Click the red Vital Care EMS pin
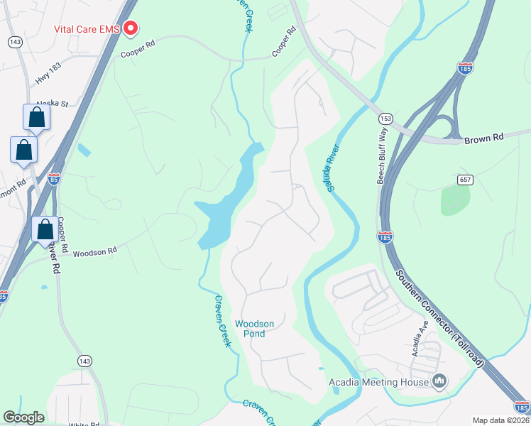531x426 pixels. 131,28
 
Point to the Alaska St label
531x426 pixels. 53,104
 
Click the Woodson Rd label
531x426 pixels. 94,252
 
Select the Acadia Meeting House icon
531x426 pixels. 439,382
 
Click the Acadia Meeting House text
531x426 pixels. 378,383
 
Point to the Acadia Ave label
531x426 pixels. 418,329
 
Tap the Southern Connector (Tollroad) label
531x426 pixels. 439,317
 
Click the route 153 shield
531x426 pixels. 385,119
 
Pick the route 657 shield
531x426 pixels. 466,180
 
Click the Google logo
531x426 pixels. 24,418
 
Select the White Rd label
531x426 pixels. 83,425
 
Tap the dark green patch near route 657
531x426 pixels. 455,200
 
